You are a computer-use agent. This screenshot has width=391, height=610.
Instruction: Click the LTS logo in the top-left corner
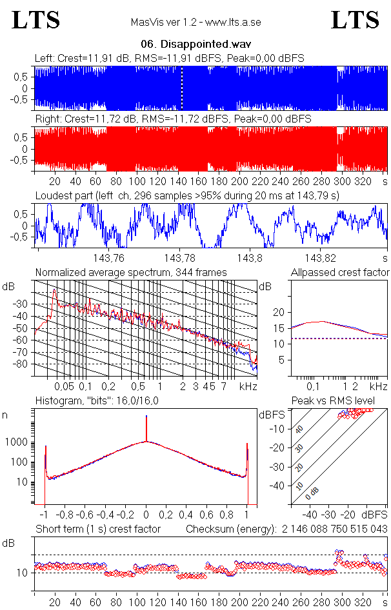(36, 20)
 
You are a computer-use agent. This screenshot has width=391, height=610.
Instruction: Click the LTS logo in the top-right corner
(355, 20)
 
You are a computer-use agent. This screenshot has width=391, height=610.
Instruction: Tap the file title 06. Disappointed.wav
(195, 44)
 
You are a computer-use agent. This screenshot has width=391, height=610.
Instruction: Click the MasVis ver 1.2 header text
(195, 23)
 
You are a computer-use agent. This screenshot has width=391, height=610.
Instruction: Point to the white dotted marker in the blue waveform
(182, 88)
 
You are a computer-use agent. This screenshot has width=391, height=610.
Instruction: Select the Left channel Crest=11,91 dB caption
(169, 59)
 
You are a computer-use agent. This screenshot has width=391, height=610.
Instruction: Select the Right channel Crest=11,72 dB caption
(172, 119)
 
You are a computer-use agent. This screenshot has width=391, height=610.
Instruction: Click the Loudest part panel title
(187, 195)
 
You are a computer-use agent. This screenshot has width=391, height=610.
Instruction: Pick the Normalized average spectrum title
(131, 273)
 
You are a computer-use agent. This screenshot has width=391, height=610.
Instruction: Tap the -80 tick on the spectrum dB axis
(26, 364)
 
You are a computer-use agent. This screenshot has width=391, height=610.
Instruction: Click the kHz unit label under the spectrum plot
(249, 386)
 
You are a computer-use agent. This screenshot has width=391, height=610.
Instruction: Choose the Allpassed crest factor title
(340, 273)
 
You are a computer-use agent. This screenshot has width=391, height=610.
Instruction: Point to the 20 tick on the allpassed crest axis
(279, 312)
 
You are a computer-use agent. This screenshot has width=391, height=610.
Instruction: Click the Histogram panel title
(97, 401)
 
